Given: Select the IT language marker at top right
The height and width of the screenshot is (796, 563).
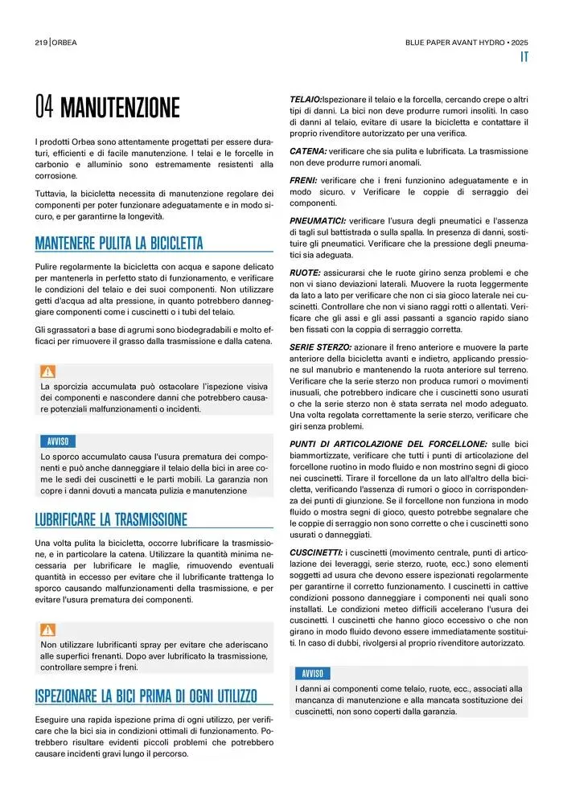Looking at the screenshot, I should tap(523, 57).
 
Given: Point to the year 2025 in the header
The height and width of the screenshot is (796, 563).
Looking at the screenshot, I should tap(520, 42).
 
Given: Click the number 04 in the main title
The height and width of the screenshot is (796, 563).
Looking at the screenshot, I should tap(44, 107).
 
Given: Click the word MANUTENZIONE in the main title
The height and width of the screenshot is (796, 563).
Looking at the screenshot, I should tap(120, 107).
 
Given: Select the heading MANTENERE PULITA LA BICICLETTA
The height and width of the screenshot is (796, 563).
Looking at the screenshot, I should tap(119, 243).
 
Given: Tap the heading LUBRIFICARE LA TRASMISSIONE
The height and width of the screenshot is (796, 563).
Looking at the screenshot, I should tap(111, 519).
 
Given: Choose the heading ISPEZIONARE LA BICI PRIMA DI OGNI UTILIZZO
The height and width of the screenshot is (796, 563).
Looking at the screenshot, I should tap(146, 695).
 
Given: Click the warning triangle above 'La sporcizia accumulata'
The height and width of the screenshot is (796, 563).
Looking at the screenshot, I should tap(48, 371).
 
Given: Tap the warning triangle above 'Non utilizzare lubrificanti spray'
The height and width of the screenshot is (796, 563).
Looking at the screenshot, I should tap(48, 630).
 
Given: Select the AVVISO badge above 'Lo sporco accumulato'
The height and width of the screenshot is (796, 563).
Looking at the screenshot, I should tap(58, 441).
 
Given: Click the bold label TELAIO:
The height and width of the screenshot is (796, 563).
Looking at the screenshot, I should tap(306, 99).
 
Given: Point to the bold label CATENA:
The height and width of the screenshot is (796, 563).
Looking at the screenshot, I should tap(308, 151).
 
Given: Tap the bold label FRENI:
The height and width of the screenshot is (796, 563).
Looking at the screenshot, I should tap(304, 181).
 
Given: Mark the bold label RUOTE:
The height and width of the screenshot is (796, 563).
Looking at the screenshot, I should tap(306, 273).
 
